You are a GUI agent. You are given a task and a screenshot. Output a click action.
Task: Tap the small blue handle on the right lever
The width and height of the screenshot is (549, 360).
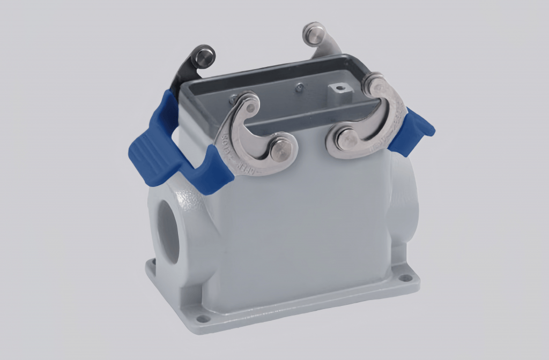(416, 129)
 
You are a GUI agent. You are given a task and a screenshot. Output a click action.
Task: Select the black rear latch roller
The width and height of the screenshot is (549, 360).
(204, 56)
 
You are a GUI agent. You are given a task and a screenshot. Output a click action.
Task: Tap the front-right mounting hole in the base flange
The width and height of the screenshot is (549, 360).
(407, 278)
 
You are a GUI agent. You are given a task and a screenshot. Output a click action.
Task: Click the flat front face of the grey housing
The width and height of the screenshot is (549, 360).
(300, 225)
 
